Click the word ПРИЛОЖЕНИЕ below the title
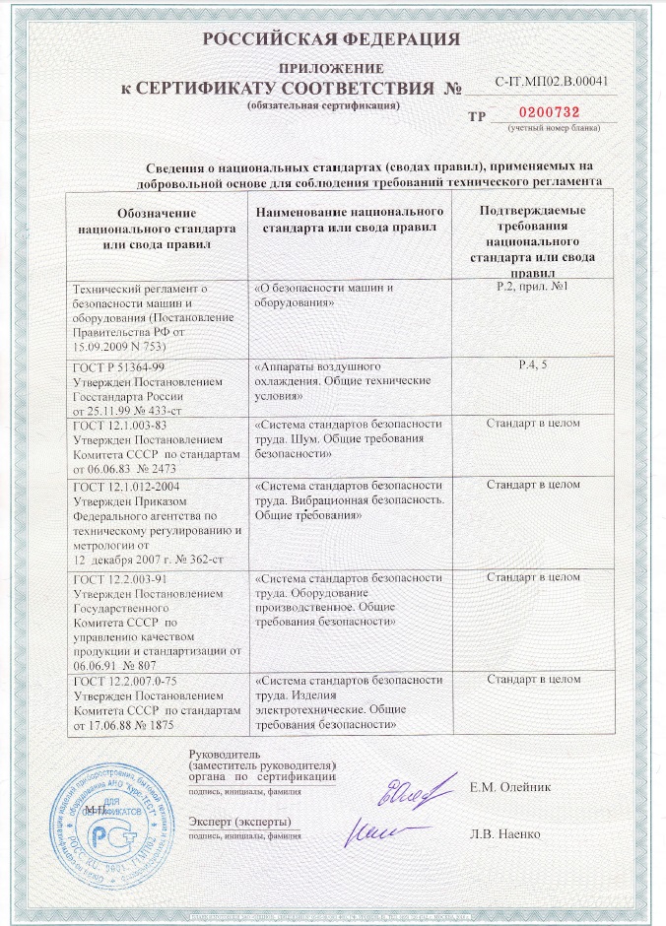[x=331, y=68]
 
